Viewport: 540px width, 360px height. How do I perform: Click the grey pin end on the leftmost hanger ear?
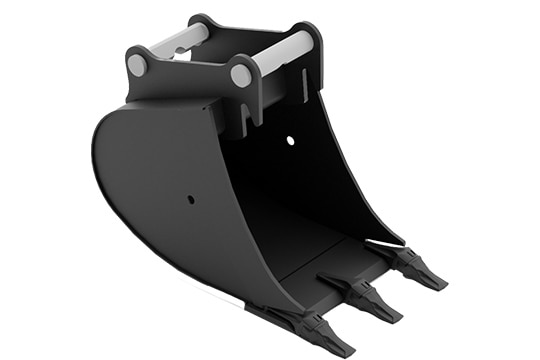point(137,65)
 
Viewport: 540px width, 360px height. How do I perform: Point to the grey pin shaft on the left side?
point(181,41)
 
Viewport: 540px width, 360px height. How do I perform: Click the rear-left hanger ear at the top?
point(200,24)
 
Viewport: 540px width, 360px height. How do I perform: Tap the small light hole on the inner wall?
point(291,141)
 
